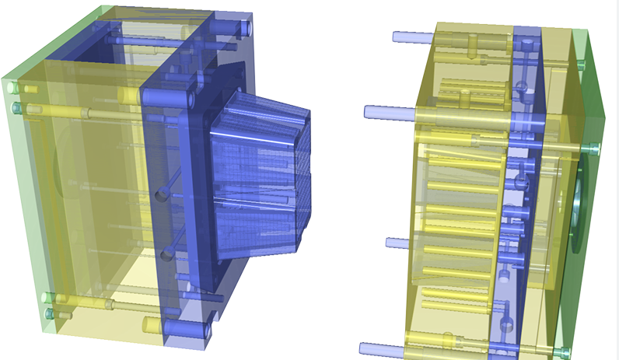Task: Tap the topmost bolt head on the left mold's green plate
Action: coord(13,88)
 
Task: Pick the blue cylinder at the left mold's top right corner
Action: coord(243,28)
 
